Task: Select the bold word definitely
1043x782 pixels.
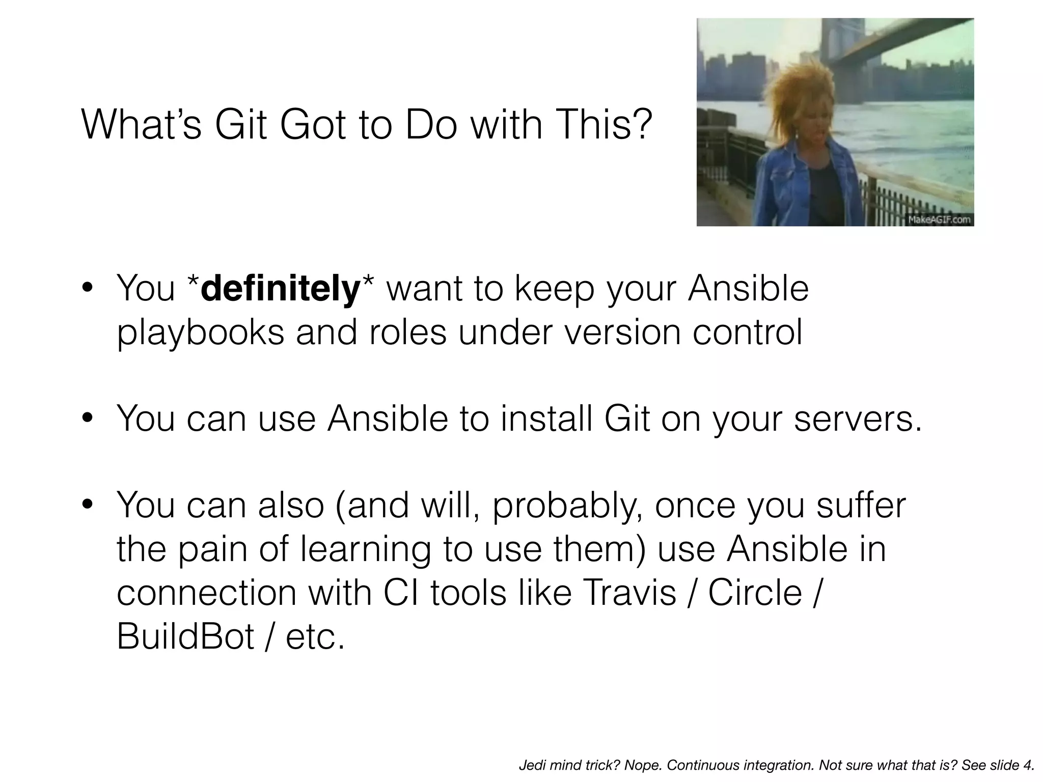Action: pos(281,289)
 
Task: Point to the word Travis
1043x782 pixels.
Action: pos(628,593)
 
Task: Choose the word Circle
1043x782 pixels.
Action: pos(755,593)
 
